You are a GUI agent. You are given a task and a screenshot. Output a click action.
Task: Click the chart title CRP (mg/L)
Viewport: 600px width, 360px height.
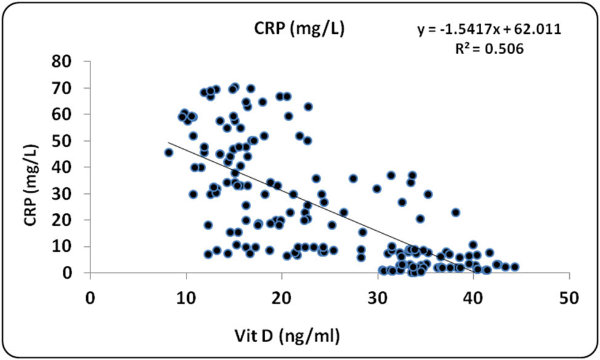pyautogui.click(x=300, y=30)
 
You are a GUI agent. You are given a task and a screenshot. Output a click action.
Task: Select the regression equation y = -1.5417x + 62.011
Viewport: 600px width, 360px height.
pyautogui.click(x=489, y=30)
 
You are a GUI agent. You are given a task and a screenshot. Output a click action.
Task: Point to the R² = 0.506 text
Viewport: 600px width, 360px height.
pyautogui.click(x=489, y=49)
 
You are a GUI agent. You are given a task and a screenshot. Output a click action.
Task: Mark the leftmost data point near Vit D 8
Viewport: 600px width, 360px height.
pyautogui.click(x=169, y=152)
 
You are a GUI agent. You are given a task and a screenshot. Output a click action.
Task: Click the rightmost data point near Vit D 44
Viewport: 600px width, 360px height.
pyautogui.click(x=515, y=267)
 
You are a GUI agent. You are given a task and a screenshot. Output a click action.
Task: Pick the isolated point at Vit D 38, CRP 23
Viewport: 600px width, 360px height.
pyautogui.click(x=456, y=212)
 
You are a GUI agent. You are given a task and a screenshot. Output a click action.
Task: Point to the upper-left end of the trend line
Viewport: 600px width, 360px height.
pyautogui.click(x=169, y=143)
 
